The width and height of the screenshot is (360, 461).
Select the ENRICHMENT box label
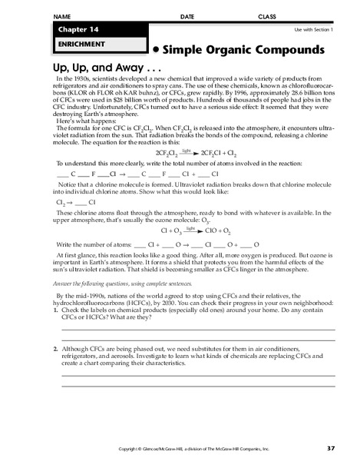(x=72, y=45)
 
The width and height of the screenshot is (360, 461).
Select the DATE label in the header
(x=187, y=16)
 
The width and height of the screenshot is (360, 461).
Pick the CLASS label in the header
(x=267, y=16)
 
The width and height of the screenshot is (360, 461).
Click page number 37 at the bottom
(x=331, y=447)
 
